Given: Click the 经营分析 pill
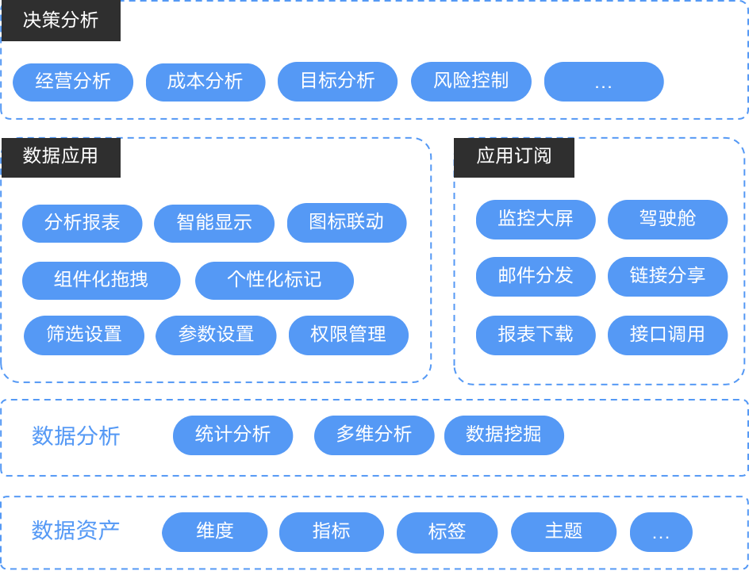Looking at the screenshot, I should (73, 82).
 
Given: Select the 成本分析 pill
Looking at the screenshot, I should (205, 82).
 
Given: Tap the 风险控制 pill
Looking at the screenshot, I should (471, 82).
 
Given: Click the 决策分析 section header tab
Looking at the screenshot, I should (61, 21).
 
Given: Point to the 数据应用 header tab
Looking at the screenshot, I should (61, 157).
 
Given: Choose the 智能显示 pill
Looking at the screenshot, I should (214, 224).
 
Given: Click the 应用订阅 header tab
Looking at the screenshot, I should (514, 157).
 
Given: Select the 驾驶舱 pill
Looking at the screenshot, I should (667, 220).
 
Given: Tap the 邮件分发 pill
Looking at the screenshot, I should (536, 277).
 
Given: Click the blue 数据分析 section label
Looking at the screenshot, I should (76, 436).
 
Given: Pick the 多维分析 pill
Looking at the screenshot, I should (374, 435).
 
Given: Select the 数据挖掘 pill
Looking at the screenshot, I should (504, 435).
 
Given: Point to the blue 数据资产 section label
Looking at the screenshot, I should (76, 531).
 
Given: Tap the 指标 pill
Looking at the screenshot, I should (332, 532).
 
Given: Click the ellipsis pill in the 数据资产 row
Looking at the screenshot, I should (661, 532).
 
